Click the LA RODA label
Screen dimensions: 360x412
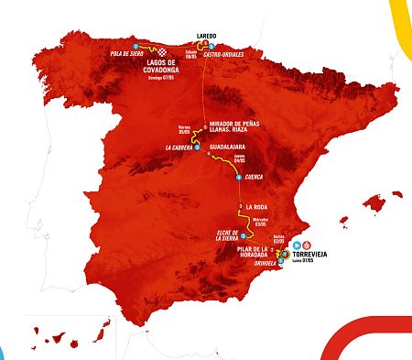coord(257,206)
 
